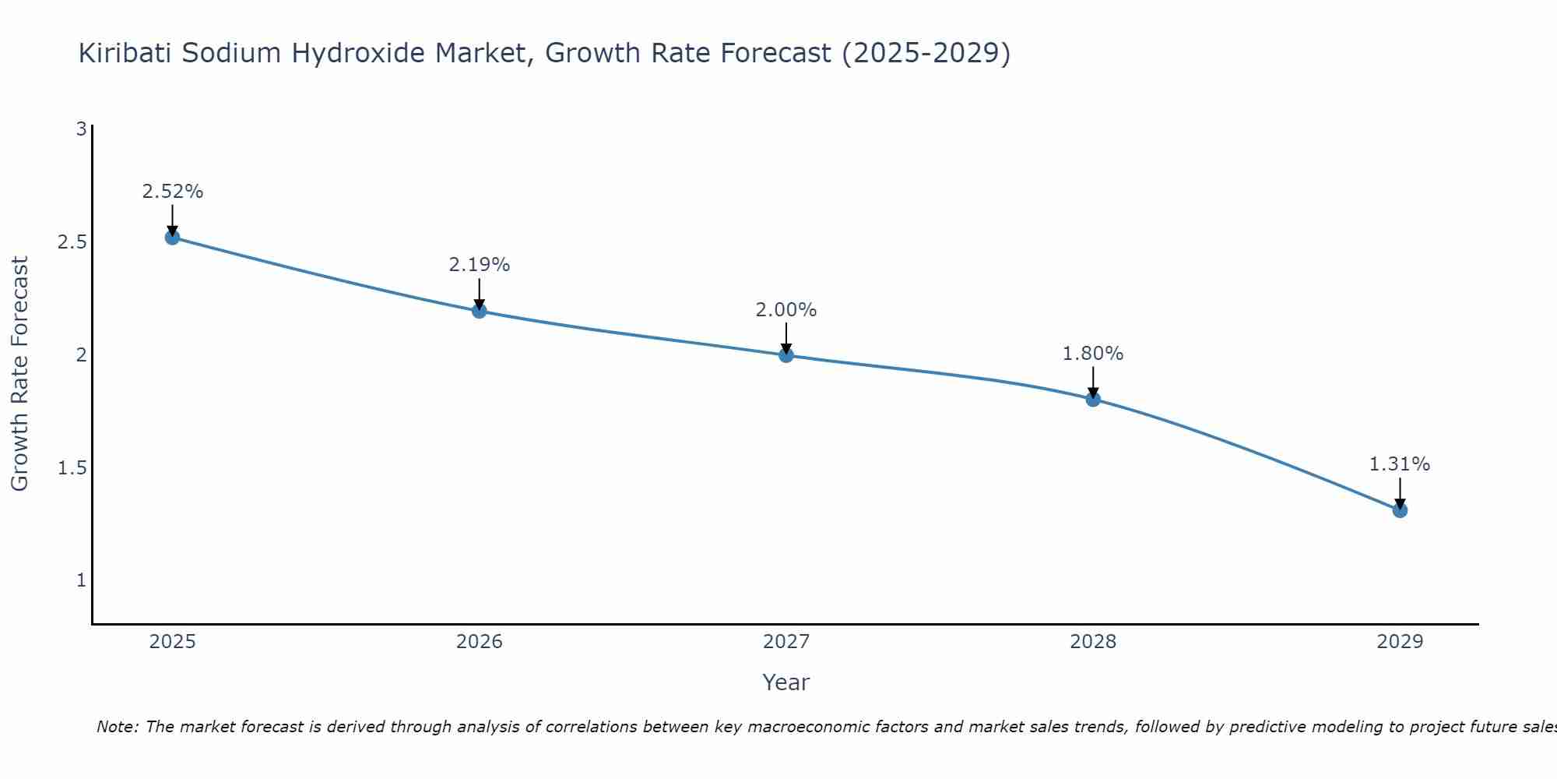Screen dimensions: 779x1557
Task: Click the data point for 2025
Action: click(x=173, y=238)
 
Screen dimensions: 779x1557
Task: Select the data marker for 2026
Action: click(x=480, y=311)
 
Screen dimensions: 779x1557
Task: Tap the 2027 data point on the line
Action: click(x=786, y=355)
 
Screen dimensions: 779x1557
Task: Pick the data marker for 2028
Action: click(x=1093, y=400)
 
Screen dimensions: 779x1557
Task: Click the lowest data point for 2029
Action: click(x=1400, y=510)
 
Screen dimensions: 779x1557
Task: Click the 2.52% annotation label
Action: click(x=173, y=192)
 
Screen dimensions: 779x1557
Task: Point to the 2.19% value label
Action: click(x=480, y=265)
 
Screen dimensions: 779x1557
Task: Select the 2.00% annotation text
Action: click(x=786, y=310)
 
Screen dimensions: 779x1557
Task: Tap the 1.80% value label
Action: click(x=1093, y=354)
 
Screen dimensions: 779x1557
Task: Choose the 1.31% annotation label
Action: click(x=1400, y=464)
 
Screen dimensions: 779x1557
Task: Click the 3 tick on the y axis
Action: click(x=81, y=129)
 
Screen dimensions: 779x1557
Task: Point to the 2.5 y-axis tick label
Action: click(x=72, y=242)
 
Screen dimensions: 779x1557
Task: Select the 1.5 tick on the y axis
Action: click(x=72, y=468)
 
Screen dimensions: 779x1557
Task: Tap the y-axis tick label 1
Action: click(x=81, y=580)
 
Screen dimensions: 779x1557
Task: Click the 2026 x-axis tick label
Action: click(x=480, y=642)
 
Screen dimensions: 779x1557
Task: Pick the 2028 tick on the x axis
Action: click(x=1093, y=642)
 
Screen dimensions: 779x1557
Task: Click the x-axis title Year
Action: click(x=786, y=682)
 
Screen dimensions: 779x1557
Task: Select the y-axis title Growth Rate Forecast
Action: click(x=20, y=374)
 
